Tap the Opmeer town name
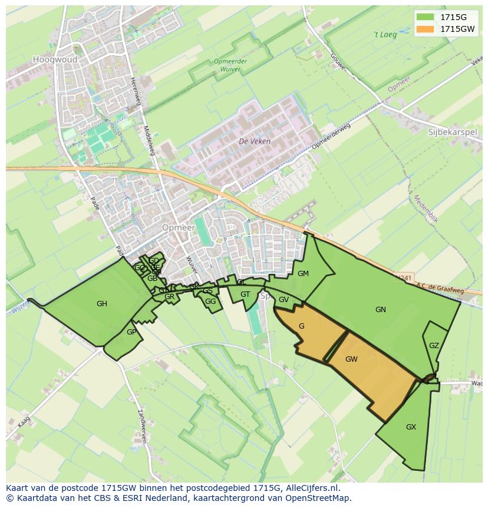[177, 228]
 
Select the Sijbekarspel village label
[452, 132]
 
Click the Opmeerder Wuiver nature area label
[230, 65]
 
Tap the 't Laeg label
[385, 35]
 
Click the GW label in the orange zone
[351, 359]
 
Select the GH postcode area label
[102, 304]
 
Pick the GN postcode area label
[381, 310]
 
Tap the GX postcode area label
[411, 427]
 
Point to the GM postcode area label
[303, 274]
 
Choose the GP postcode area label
[131, 332]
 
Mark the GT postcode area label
[245, 294]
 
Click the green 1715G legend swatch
[424, 17]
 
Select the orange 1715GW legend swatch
[424, 29]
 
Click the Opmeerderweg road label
[331, 136]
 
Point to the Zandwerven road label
[141, 426]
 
